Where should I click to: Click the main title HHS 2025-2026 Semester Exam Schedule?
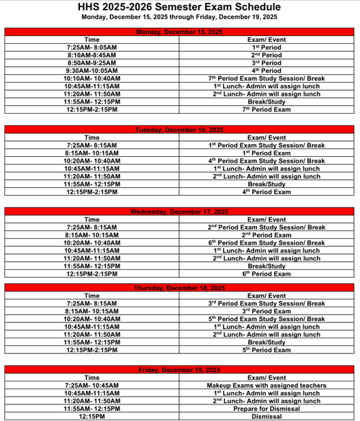[x=179, y=6]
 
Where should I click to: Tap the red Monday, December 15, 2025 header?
[x=181, y=32]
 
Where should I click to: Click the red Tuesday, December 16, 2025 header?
[x=181, y=130]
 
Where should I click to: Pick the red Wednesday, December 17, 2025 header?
[x=181, y=212]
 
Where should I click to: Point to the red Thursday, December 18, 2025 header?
[x=181, y=288]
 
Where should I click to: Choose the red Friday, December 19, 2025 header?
[x=181, y=369]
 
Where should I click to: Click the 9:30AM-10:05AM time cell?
[x=92, y=71]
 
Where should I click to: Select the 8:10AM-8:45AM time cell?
[x=92, y=55]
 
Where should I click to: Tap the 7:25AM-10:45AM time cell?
[x=92, y=385]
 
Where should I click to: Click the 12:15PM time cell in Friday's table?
[x=92, y=417]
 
